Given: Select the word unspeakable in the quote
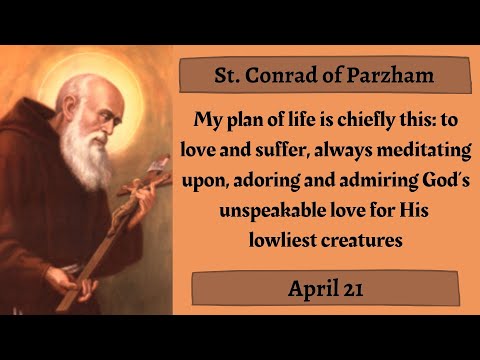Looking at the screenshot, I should click(259, 211).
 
